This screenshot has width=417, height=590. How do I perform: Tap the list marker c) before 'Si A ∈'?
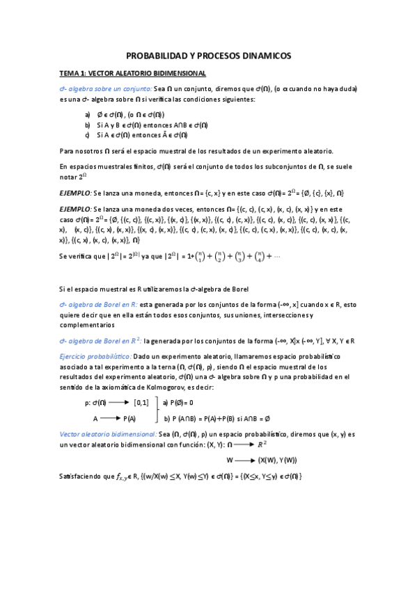(x=87, y=134)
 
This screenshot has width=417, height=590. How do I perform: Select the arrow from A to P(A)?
(x=110, y=417)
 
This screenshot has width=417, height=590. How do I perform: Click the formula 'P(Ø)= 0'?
(x=179, y=402)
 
